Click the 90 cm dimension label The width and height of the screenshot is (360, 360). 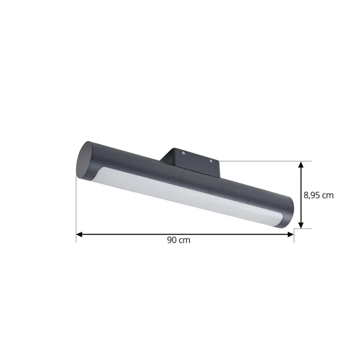(179, 240)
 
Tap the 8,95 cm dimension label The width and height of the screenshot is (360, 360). (319, 195)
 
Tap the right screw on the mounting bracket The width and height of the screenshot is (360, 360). (211, 161)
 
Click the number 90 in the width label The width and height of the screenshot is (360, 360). (171, 240)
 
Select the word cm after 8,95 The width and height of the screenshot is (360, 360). (328, 195)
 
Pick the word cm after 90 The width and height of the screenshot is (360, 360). (184, 240)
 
